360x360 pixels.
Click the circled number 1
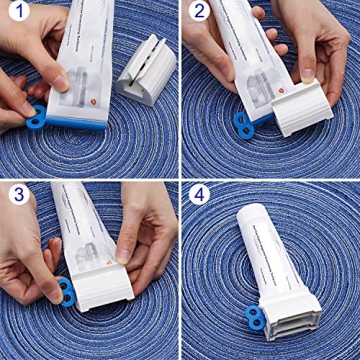18,17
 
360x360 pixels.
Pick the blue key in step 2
243,120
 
